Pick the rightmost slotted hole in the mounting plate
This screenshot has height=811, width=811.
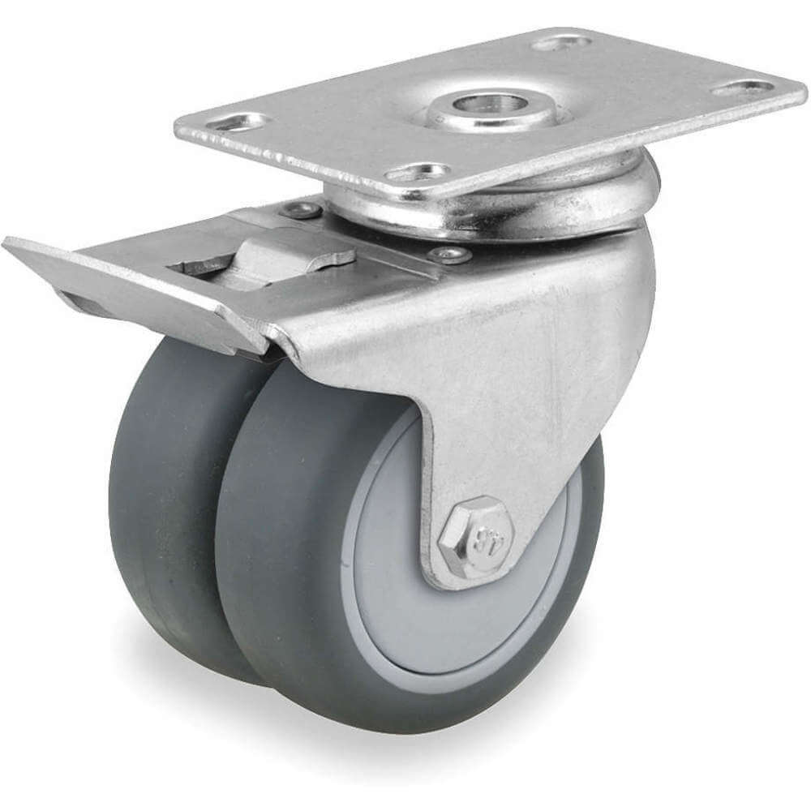(742, 86)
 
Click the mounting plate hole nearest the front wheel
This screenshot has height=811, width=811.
(418, 172)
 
